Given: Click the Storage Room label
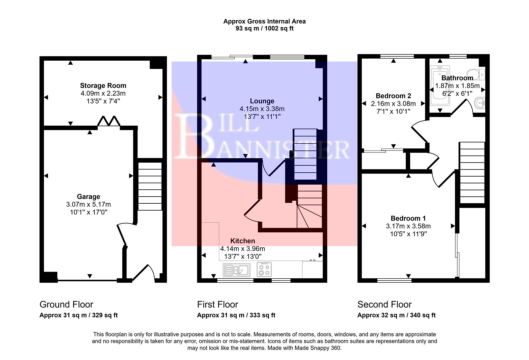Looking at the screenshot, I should pos(103,86).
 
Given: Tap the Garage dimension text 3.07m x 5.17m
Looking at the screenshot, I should pos(89,204).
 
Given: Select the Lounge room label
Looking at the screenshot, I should pos(262,101).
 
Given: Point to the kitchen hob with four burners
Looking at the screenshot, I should pos(264,269).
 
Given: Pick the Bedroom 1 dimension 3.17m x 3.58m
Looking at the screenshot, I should pos(408,226).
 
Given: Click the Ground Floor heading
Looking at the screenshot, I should pos(66,304).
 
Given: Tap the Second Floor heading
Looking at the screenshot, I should pos(384,304).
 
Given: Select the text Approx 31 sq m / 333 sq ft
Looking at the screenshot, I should pos(236,315).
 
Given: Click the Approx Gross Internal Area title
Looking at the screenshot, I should pos(264,21).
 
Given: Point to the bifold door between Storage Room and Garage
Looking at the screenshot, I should pos(109,121).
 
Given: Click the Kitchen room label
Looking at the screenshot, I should pos(243,241).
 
